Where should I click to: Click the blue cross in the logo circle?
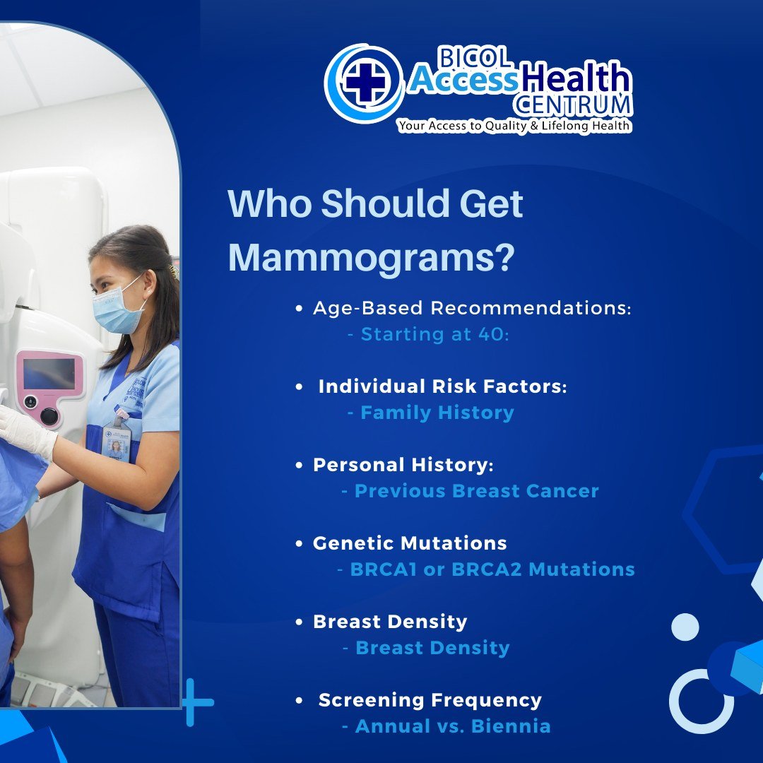[365, 83]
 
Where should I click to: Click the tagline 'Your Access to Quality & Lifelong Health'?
[514, 126]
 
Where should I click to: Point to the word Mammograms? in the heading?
[372, 258]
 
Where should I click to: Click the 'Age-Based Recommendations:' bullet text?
[472, 308]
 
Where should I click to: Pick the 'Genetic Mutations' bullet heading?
[410, 543]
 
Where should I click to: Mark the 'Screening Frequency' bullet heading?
[430, 700]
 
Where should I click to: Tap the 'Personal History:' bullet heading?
[403, 465]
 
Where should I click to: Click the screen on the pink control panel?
[49, 373]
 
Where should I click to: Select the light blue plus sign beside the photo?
[196, 702]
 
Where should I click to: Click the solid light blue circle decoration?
[685, 627]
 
